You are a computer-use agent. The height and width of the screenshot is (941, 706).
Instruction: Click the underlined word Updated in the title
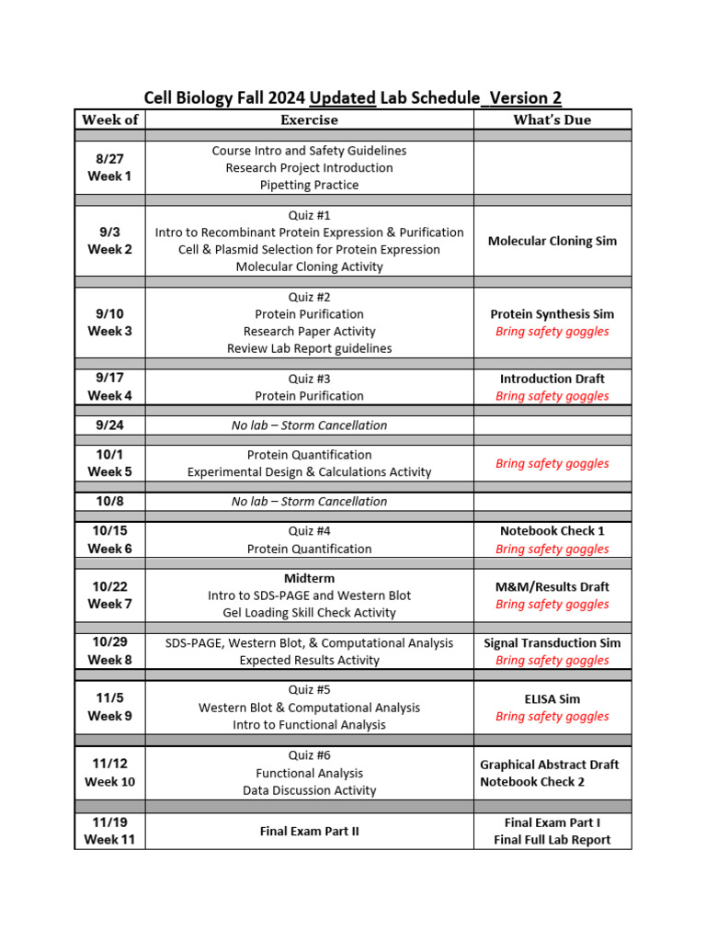[x=342, y=98]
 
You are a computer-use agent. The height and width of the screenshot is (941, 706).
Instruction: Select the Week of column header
[x=109, y=119]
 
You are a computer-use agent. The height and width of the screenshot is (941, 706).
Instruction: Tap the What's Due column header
[x=552, y=119]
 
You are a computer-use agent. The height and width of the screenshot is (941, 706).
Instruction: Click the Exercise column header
[x=309, y=119]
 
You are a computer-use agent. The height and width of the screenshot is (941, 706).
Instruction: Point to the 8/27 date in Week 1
[x=109, y=159]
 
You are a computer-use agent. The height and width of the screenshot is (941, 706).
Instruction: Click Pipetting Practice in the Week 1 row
[x=309, y=185]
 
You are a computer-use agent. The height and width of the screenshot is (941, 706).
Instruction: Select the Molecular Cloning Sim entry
[x=552, y=241]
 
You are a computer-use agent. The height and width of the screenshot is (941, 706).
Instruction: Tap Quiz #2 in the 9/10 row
[x=309, y=297]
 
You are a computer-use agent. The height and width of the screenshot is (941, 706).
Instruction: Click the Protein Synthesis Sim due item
[x=552, y=314]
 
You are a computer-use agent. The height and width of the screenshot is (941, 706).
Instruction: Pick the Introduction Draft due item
[x=552, y=379]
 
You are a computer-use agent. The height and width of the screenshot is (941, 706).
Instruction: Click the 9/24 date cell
[x=109, y=425]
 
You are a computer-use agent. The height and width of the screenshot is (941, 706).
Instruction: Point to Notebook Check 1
[x=552, y=531]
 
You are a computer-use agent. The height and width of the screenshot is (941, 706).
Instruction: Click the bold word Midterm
[x=309, y=578]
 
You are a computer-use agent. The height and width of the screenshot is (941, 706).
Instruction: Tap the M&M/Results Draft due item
[x=552, y=586]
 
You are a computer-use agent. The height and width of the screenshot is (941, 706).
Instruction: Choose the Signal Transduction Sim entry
[x=552, y=643]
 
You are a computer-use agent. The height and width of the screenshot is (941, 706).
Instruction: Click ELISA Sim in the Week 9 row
[x=552, y=699]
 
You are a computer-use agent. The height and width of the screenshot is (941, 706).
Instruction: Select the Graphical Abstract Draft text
[x=549, y=765]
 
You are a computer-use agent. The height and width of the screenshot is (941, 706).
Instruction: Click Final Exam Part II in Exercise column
[x=309, y=832]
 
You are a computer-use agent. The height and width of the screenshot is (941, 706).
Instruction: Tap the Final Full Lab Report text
[x=552, y=840]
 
